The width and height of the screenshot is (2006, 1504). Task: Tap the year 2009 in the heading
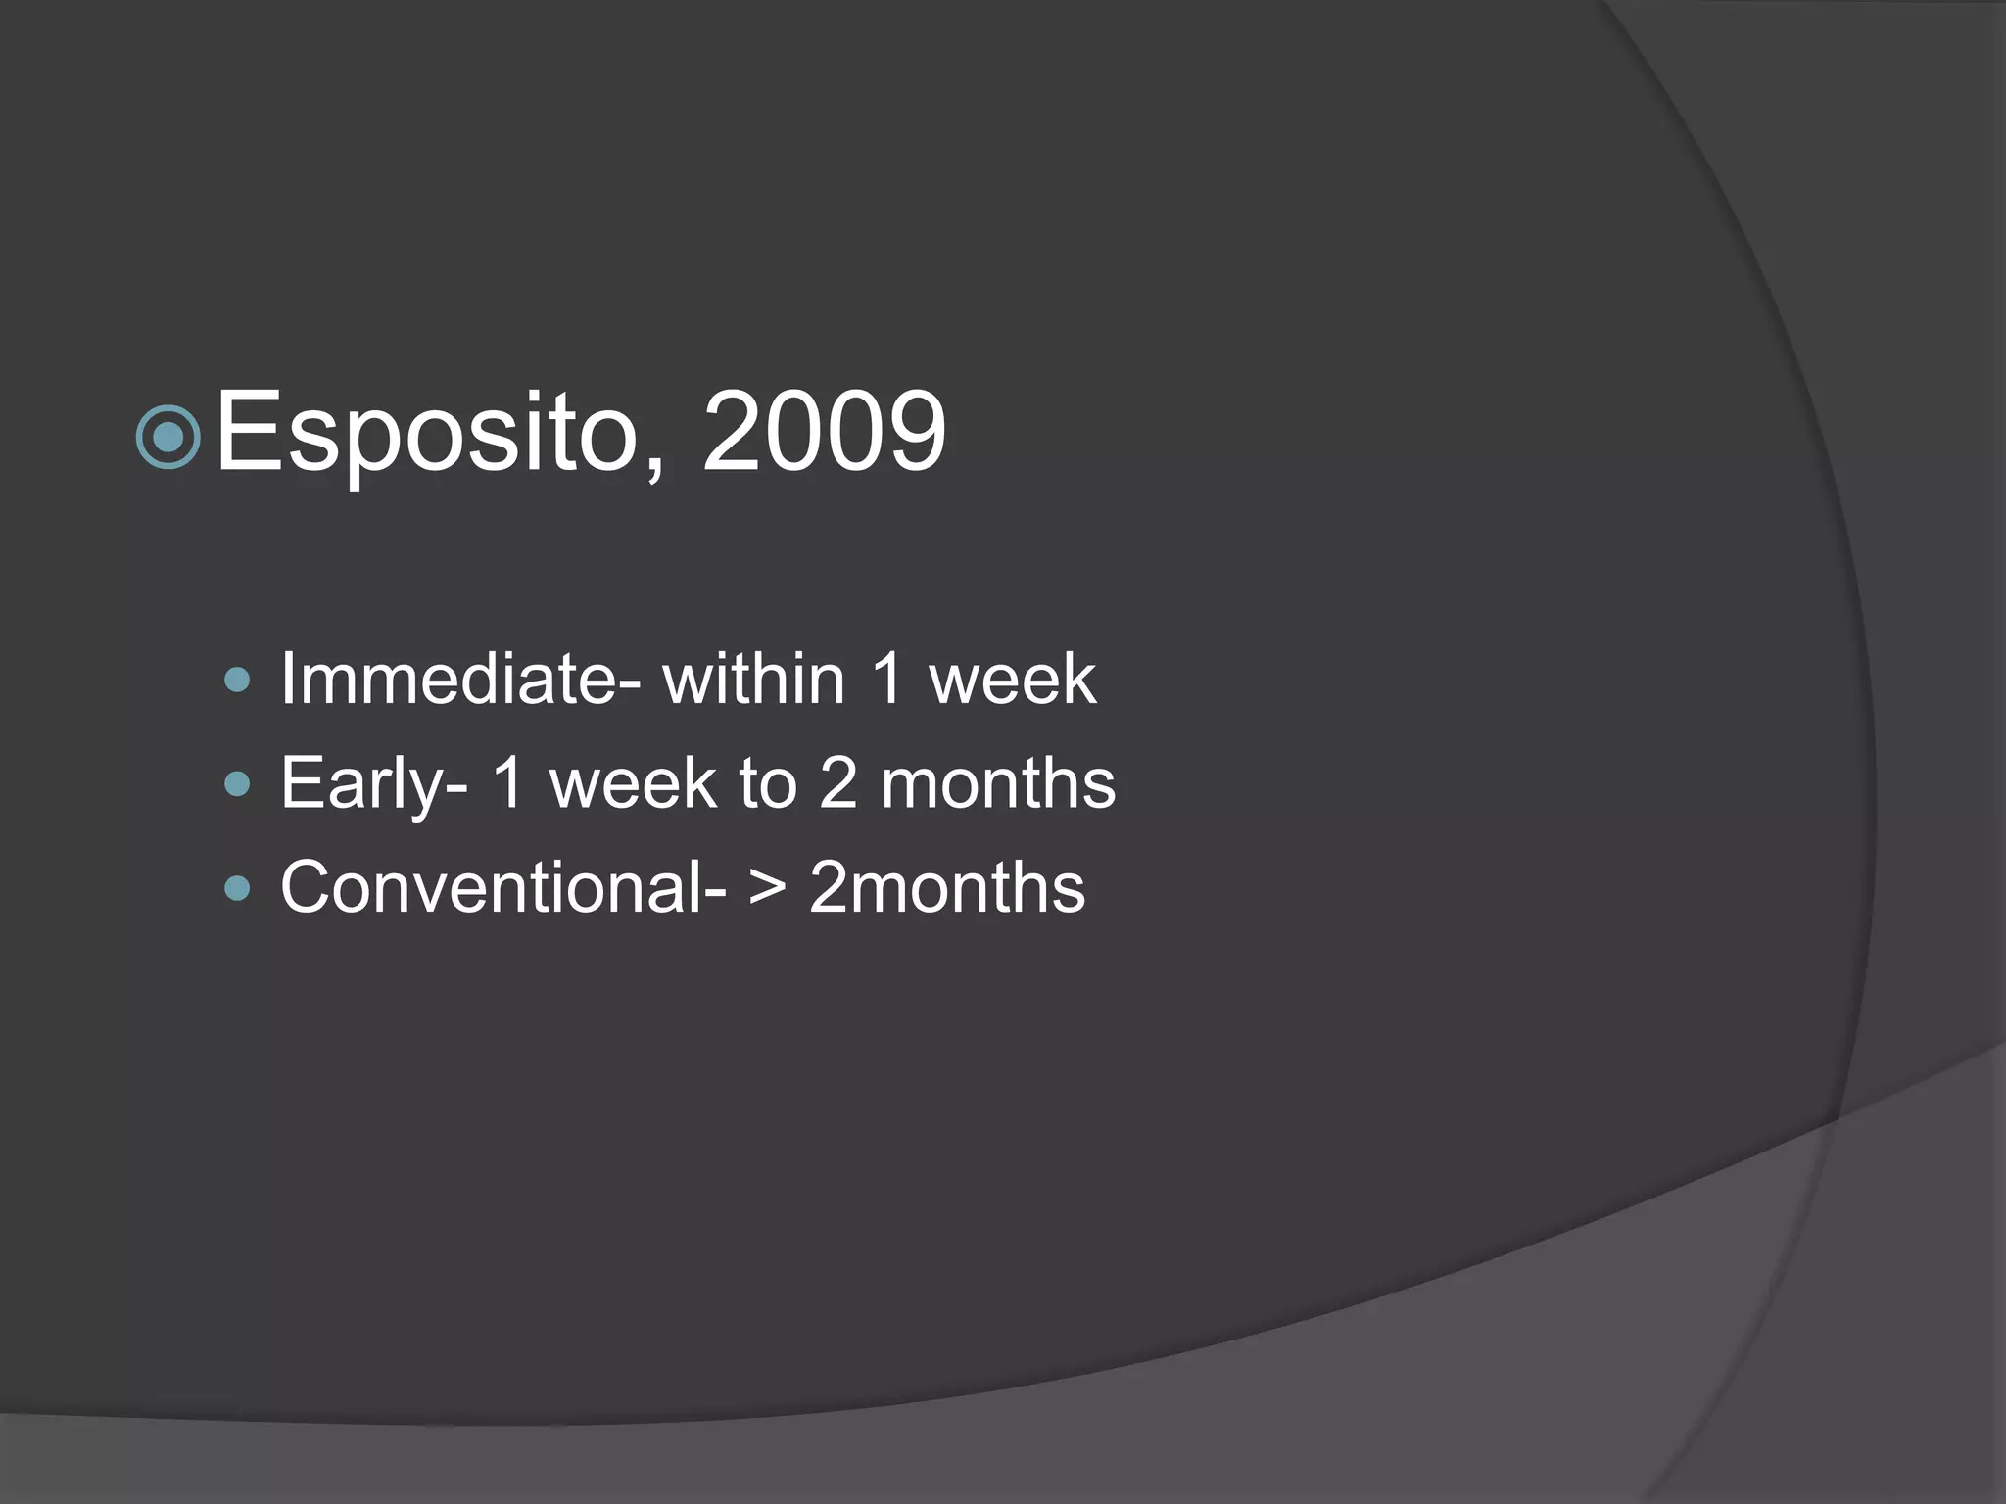825,432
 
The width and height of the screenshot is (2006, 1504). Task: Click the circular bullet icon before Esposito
168,437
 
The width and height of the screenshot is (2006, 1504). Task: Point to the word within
753,679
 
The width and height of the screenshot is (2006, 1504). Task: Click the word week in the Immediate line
1012,679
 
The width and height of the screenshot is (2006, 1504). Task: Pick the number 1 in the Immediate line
887,679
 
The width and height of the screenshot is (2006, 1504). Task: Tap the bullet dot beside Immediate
237,680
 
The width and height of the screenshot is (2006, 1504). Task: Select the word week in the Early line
633,783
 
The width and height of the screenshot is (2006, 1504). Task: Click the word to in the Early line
768,783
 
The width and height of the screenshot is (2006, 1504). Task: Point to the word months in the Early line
997,783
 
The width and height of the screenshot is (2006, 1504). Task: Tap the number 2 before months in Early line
837,783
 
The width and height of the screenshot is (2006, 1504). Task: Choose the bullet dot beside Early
237,783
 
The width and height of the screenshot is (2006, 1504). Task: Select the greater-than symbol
768,887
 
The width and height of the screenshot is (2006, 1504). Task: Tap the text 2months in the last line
947,887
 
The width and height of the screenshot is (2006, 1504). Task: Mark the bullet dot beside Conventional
237,888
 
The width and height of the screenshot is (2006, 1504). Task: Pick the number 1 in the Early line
508,783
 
